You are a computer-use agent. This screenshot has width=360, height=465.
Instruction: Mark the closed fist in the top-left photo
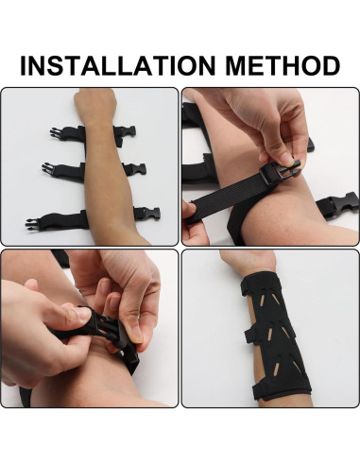(94, 104)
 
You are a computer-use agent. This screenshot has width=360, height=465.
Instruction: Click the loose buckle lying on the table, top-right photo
(340, 203)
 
